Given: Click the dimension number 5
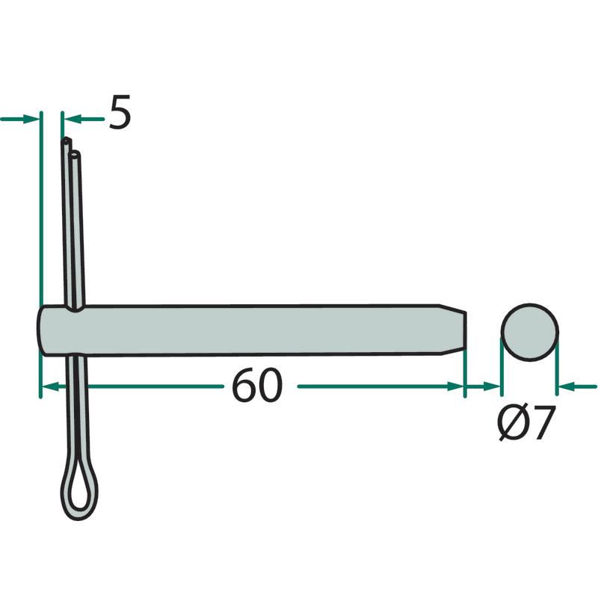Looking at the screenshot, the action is click(120, 111).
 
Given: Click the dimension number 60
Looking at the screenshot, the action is click(257, 385).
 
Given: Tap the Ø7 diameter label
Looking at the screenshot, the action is click(526, 423).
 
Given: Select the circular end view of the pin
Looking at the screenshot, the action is click(530, 332).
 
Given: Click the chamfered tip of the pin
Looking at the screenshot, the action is click(454, 330).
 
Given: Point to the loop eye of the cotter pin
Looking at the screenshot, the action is click(79, 487).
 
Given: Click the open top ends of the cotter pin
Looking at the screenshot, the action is click(70, 147).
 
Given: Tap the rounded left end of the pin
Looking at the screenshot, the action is click(43, 330).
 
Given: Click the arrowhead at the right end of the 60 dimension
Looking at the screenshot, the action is click(456, 386).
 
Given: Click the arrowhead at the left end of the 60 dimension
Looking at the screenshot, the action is click(49, 386).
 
